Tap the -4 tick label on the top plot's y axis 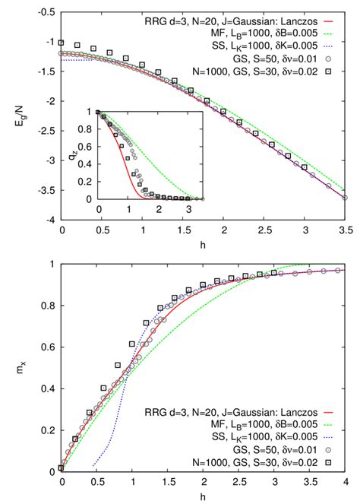(x=46, y=220)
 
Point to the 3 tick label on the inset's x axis (x=188, y=208)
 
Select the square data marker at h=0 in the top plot (x=62, y=43)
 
